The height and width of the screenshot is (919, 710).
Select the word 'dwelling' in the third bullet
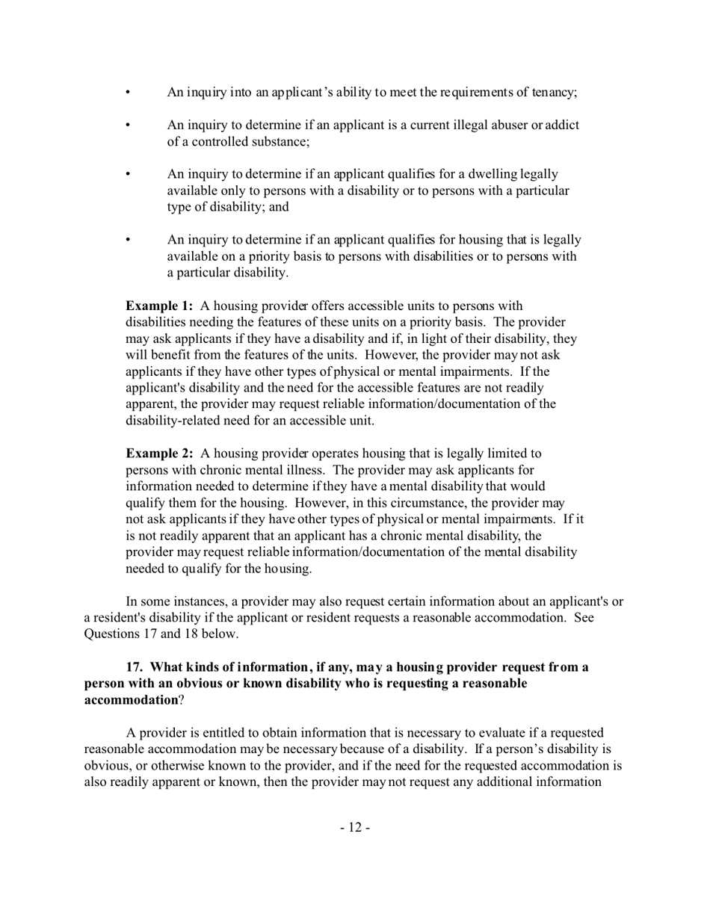pos(473,175)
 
